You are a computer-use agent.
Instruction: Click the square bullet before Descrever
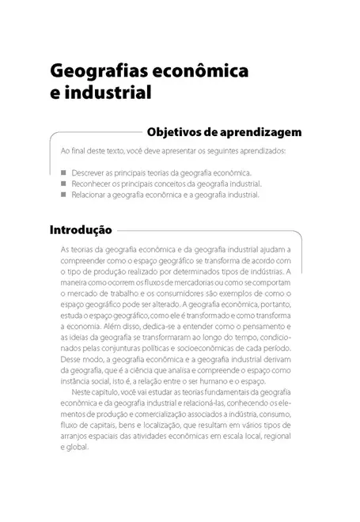63,172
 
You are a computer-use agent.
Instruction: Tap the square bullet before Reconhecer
63,183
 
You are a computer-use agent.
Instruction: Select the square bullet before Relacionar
63,193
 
